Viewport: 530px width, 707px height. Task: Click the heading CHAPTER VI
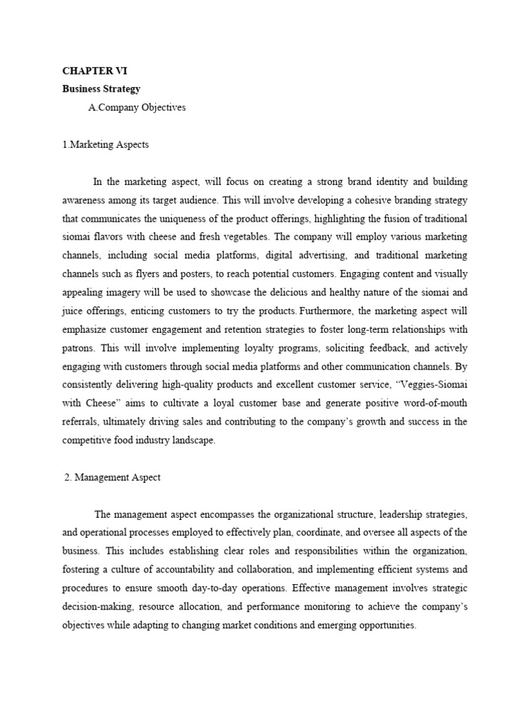tap(95, 71)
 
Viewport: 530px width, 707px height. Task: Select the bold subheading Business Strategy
tap(101, 89)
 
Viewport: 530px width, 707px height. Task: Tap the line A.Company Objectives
tap(137, 108)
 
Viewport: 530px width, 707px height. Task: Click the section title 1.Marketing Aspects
tap(105, 145)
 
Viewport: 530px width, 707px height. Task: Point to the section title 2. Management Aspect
tap(112, 478)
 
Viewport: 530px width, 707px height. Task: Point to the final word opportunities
tap(383, 626)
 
